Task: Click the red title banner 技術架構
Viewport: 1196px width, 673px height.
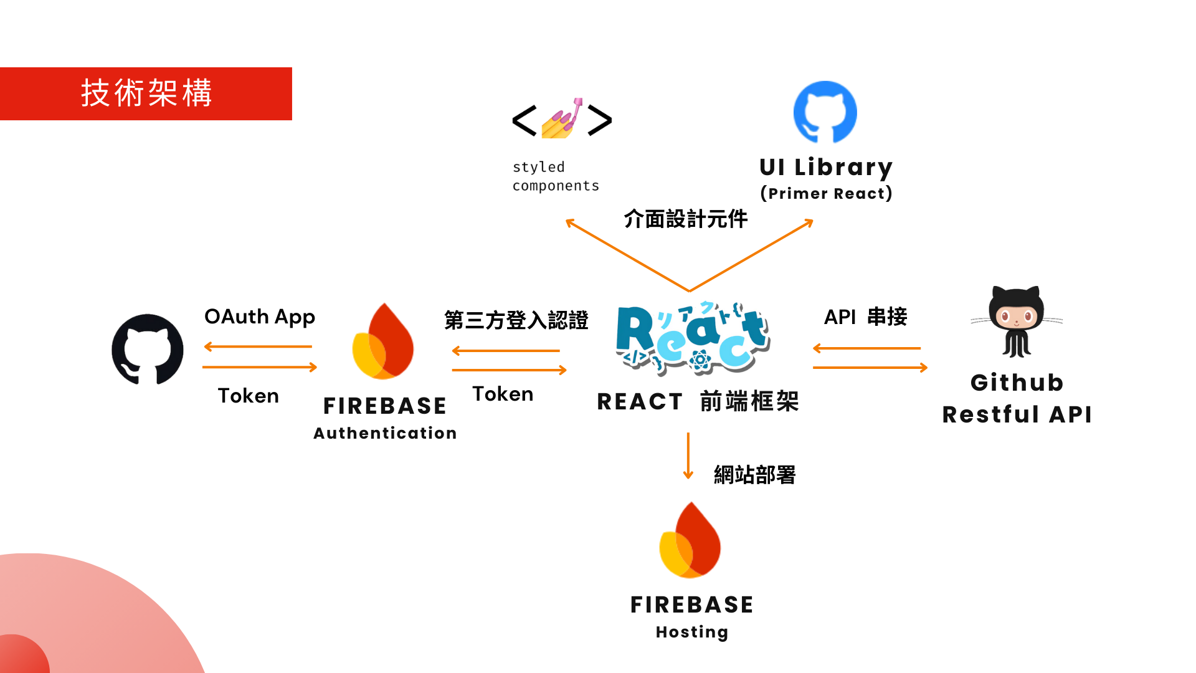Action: (146, 93)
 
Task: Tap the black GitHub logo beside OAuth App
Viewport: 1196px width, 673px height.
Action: (148, 349)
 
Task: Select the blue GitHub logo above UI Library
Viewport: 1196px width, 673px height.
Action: (825, 112)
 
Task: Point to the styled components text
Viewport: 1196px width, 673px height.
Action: (555, 176)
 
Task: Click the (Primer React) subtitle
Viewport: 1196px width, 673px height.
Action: (826, 193)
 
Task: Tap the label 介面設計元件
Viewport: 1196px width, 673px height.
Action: (685, 219)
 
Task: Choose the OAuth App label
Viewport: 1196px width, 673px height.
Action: (260, 317)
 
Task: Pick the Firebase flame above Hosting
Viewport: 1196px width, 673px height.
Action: (690, 540)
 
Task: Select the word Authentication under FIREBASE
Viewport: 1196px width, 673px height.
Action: (385, 433)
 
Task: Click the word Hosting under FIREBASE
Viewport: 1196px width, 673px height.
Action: (691, 632)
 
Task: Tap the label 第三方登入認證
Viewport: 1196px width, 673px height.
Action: (516, 320)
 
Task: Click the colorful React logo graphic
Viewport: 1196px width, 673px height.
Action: (693, 338)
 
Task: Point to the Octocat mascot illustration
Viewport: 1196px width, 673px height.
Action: (1017, 322)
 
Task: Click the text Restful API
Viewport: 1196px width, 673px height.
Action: (1017, 414)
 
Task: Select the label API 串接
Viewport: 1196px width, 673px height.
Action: (865, 317)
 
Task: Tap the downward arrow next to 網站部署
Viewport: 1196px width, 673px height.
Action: (688, 456)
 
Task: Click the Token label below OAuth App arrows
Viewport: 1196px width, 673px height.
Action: (248, 396)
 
